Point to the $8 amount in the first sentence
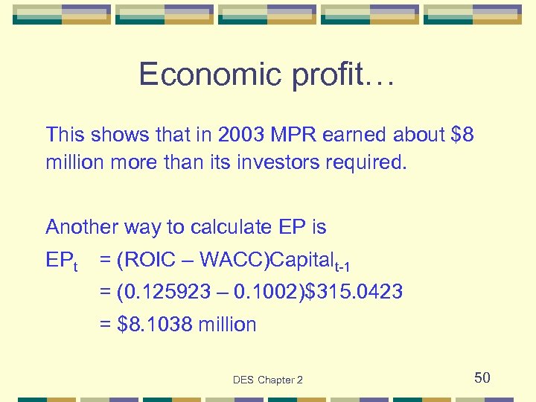click(462, 135)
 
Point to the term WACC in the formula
click(232, 260)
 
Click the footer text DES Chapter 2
click(268, 380)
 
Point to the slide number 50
click(482, 378)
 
